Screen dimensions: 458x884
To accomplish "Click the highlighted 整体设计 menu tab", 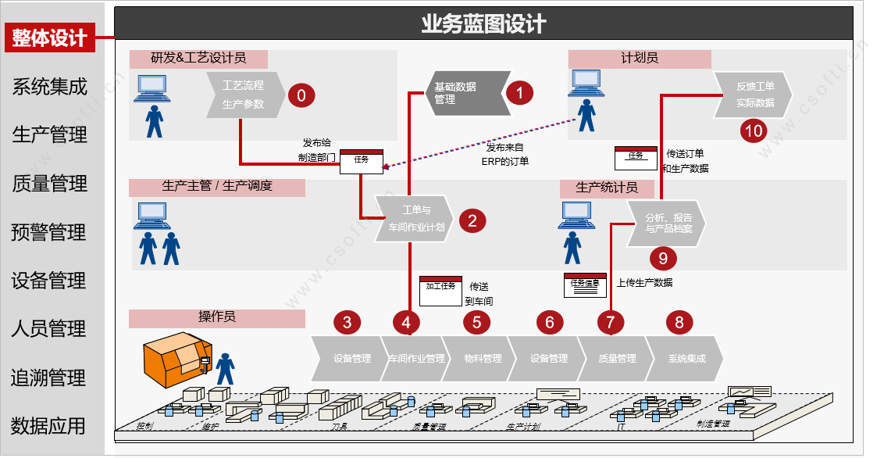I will pos(50,38).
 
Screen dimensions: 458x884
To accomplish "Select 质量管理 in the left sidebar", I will pos(50,184).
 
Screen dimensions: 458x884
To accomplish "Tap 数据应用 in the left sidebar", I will pos(48,426).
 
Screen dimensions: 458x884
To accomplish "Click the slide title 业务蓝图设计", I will pos(483,24).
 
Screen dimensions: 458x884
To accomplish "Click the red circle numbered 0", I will pos(301,95).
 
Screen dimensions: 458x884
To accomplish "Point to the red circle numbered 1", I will pos(519,93).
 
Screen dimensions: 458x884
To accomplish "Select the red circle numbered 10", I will pos(754,131).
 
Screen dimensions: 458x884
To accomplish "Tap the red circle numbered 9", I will pos(663,256).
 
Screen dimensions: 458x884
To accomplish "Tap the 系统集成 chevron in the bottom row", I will pos(686,359).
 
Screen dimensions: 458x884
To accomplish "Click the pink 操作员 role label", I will pos(216,317).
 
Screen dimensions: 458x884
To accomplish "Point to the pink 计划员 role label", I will pos(640,59).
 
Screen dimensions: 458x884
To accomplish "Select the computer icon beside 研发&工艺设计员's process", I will pos(151,87).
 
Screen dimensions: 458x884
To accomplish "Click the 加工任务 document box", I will pos(440,287).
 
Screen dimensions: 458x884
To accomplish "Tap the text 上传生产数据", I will pos(644,282).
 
